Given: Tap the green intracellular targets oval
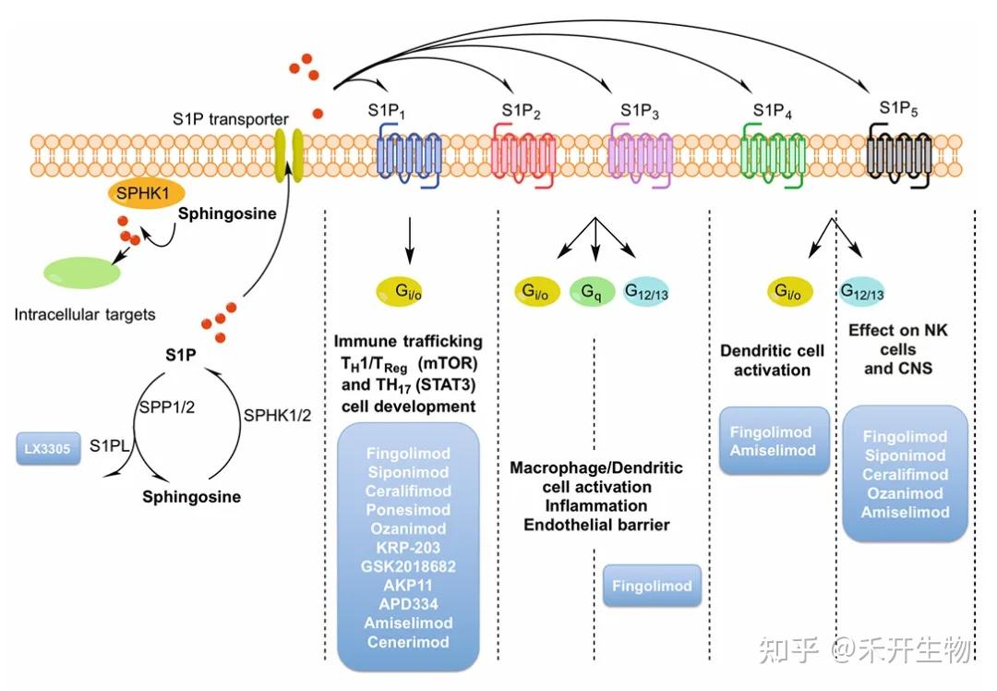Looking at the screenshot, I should click(x=81, y=273).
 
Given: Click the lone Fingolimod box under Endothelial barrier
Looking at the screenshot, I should click(x=653, y=586).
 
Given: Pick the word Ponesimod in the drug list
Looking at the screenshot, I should click(x=407, y=510).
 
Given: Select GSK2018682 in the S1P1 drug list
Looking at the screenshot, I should click(x=407, y=566).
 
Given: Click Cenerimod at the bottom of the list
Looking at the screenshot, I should click(x=407, y=642).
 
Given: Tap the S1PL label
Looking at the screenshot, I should click(x=109, y=446).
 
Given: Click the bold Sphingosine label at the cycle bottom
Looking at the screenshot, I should click(x=191, y=497).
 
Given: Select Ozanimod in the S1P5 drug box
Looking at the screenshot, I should click(x=905, y=493).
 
